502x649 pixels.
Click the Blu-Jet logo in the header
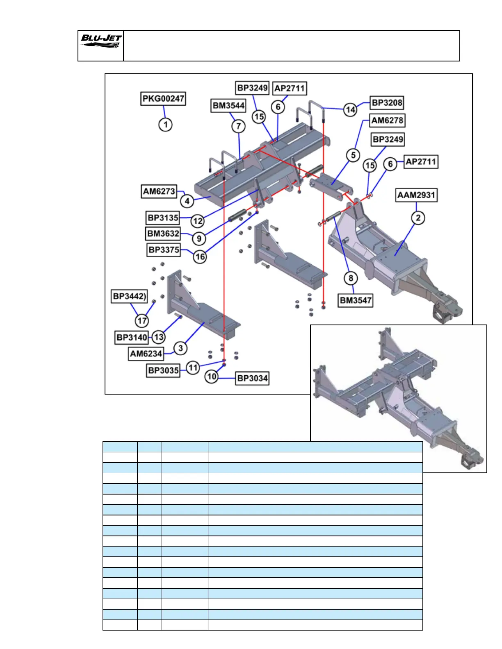coord(101,41)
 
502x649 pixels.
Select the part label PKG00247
coord(163,99)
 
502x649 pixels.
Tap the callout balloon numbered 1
coord(165,125)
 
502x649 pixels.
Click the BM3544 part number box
coord(228,106)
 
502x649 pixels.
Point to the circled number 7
coord(239,126)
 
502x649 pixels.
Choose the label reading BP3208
coord(387,102)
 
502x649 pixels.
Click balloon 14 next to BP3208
coord(350,109)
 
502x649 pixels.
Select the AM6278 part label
coord(388,120)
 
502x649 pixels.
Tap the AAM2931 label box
coord(416,195)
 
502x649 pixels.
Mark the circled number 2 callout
coord(418,218)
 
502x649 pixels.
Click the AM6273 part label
coord(159,191)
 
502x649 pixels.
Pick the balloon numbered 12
coord(198,221)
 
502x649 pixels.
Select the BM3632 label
coord(163,234)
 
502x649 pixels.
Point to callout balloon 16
coord(200,257)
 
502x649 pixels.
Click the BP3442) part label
coord(130,296)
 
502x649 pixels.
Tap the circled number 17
coord(142,320)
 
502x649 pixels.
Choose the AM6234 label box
coord(146,354)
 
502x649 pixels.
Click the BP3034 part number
coord(252,378)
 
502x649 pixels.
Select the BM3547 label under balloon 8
coord(356,300)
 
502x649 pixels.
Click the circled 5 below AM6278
coord(353,156)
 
